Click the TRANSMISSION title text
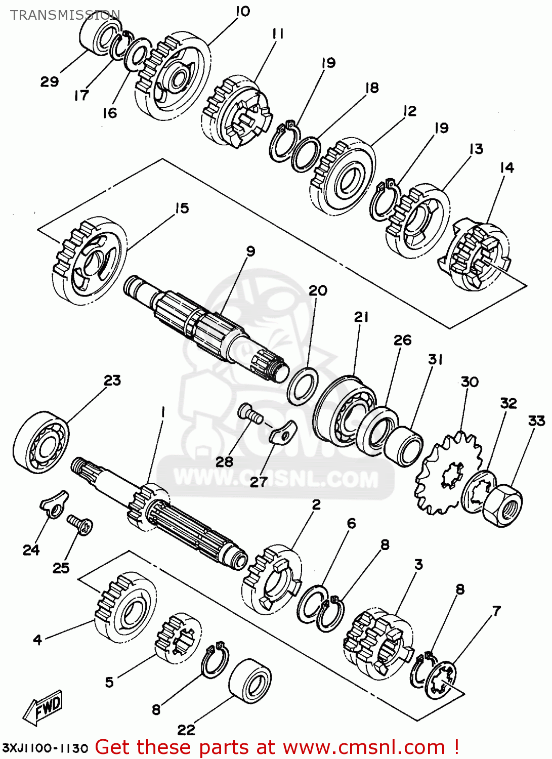(x=65, y=15)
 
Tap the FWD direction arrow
(x=44, y=706)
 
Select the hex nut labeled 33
(x=502, y=504)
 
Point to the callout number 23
(x=112, y=381)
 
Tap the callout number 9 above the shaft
(x=250, y=251)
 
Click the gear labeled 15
(x=89, y=261)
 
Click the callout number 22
(x=186, y=730)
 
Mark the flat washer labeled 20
(x=303, y=386)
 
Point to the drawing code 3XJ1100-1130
(x=46, y=748)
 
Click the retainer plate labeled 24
(x=53, y=503)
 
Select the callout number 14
(x=506, y=167)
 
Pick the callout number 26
(x=402, y=341)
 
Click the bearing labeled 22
(x=250, y=681)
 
